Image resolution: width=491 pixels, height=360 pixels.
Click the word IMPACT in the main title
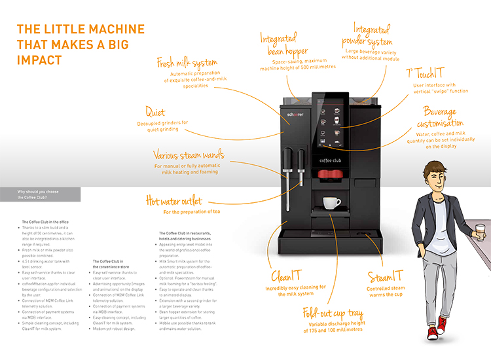point(39,60)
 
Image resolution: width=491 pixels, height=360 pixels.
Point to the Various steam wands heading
point(189,156)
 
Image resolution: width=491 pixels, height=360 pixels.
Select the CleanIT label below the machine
point(287,276)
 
